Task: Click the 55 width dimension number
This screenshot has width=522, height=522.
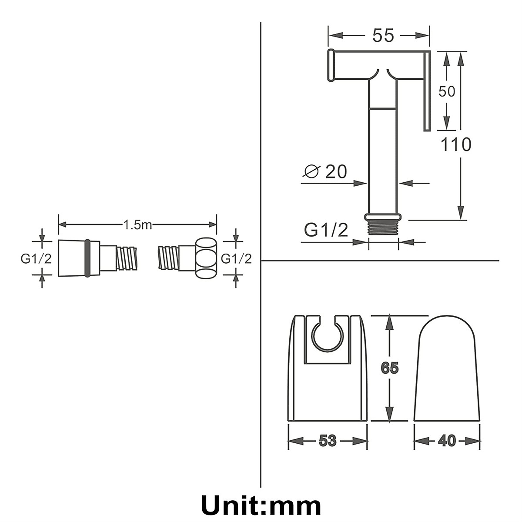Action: tap(383, 36)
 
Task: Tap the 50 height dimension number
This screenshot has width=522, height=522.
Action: tap(447, 91)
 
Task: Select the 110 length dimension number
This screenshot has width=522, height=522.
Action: tap(456, 144)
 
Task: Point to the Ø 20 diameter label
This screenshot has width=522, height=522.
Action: tap(325, 171)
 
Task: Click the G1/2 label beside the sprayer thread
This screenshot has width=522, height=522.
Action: tap(326, 230)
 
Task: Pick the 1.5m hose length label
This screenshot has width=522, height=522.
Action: tap(137, 224)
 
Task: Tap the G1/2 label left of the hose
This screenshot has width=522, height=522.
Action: tap(36, 259)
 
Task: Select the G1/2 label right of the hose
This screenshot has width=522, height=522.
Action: tap(236, 259)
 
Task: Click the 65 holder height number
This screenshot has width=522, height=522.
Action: tap(389, 368)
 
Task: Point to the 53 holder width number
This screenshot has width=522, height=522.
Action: tap(328, 441)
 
